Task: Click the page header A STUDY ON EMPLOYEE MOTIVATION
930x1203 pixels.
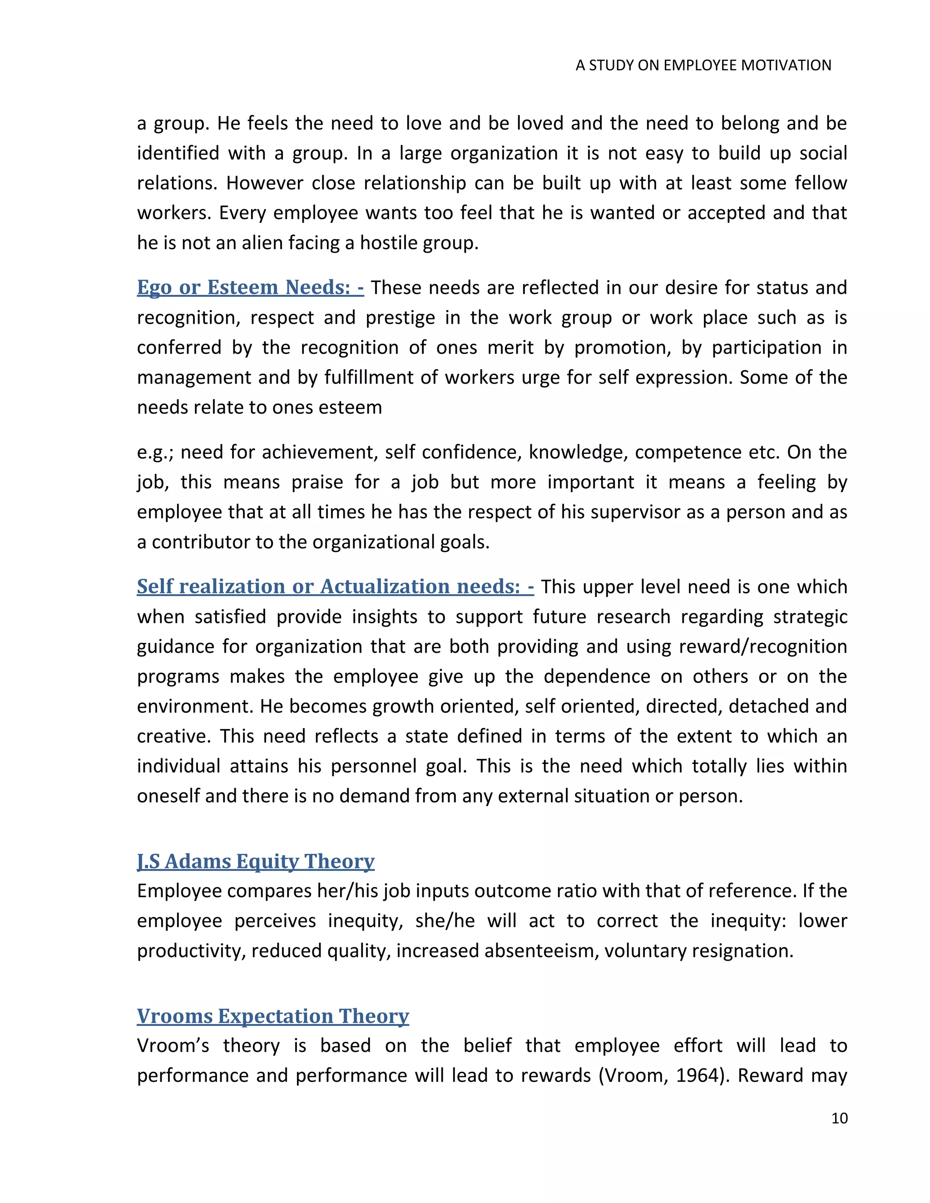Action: (703, 65)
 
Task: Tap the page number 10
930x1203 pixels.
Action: (839, 1118)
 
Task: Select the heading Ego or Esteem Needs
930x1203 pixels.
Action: (250, 287)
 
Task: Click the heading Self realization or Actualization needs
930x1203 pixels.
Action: (335, 587)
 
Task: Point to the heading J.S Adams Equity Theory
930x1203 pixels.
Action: (256, 861)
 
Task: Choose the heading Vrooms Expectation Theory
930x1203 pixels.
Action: (273, 1016)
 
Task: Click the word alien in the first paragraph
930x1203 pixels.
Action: (260, 243)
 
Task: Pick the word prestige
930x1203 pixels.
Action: (410, 318)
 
